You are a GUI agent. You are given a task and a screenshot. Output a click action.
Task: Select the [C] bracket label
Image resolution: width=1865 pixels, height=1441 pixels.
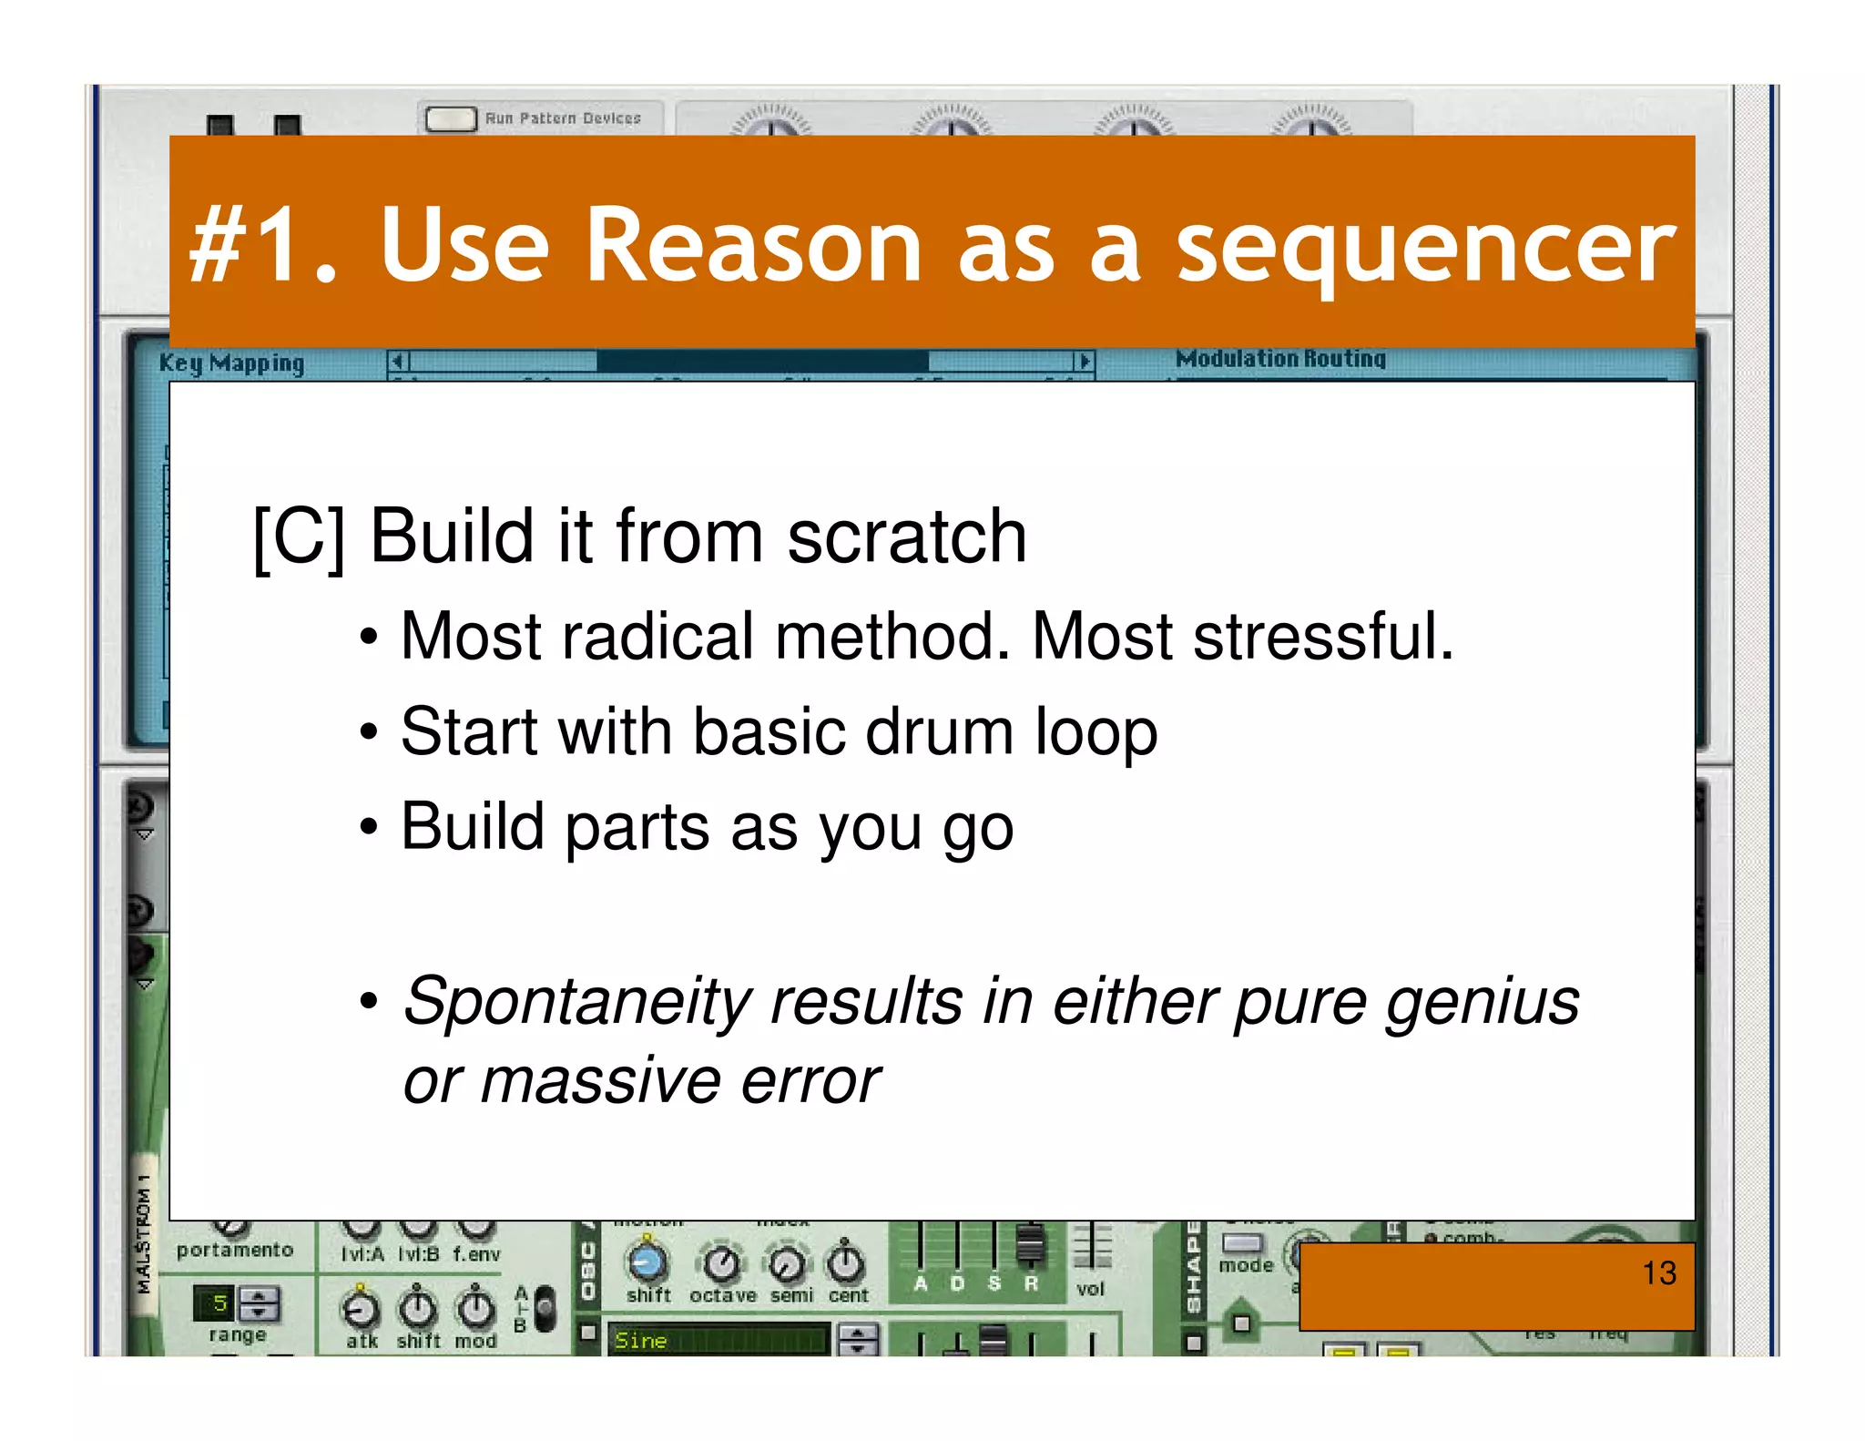click(x=299, y=537)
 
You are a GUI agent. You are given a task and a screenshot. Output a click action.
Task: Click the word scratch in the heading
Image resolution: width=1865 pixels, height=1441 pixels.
click(x=907, y=537)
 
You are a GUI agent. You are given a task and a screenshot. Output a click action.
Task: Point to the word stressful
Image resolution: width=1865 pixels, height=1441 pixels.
click(x=1322, y=636)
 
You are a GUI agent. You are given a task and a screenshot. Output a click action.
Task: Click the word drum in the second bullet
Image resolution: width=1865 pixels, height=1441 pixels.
click(x=938, y=731)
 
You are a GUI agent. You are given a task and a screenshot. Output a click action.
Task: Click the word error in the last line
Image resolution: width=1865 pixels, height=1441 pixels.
click(x=810, y=1081)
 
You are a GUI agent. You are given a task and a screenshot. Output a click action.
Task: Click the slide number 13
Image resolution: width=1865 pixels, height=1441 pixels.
click(x=1658, y=1272)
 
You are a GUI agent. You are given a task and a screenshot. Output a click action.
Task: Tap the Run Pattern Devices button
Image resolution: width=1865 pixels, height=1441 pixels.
click(x=451, y=118)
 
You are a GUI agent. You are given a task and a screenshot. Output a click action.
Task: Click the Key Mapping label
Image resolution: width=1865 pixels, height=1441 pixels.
click(x=231, y=363)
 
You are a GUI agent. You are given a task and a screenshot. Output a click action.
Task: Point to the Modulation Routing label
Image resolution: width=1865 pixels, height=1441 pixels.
click(x=1279, y=359)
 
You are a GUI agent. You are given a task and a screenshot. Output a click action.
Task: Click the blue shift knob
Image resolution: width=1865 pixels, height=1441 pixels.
click(x=647, y=1262)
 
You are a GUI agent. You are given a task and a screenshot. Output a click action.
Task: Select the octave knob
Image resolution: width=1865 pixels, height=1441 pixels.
click(x=722, y=1263)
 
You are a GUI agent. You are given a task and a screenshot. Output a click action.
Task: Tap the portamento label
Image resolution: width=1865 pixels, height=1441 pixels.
click(x=235, y=1250)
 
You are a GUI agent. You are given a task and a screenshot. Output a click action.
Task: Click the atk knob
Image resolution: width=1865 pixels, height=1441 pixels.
click(x=361, y=1310)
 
